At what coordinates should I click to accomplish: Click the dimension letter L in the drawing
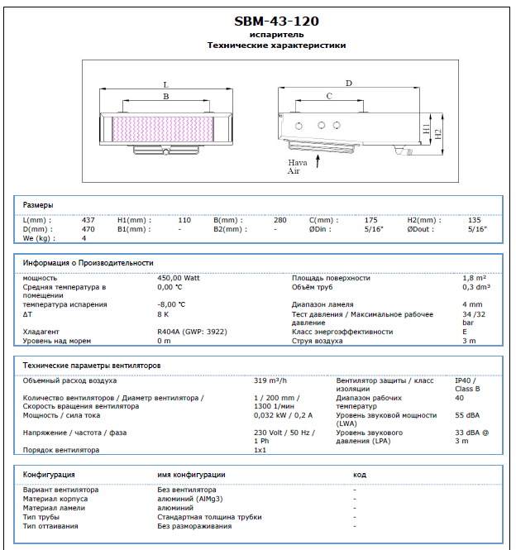click(x=165, y=84)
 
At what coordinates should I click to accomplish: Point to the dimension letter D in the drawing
click(x=349, y=83)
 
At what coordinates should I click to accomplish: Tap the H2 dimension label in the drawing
click(x=438, y=132)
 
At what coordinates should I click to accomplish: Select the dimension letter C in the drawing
click(x=329, y=97)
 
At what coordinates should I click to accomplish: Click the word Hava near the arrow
click(x=297, y=163)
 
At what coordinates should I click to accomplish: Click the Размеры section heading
click(x=38, y=204)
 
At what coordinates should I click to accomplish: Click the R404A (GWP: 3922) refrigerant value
click(x=193, y=331)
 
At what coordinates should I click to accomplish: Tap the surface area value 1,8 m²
click(x=474, y=278)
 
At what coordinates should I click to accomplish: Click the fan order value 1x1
click(x=260, y=450)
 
